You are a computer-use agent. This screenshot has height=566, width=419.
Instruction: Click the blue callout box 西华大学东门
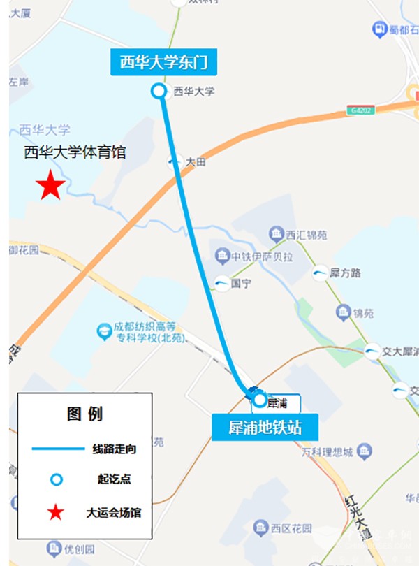164,63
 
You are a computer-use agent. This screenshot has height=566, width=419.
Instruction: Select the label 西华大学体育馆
75,152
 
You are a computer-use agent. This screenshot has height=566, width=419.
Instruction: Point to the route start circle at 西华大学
159,91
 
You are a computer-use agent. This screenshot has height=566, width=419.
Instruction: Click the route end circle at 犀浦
260,400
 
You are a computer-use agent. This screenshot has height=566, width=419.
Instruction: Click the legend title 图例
84,414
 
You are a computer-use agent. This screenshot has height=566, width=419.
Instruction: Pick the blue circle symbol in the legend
57,479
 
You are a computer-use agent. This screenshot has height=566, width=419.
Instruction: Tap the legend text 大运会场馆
114,513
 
